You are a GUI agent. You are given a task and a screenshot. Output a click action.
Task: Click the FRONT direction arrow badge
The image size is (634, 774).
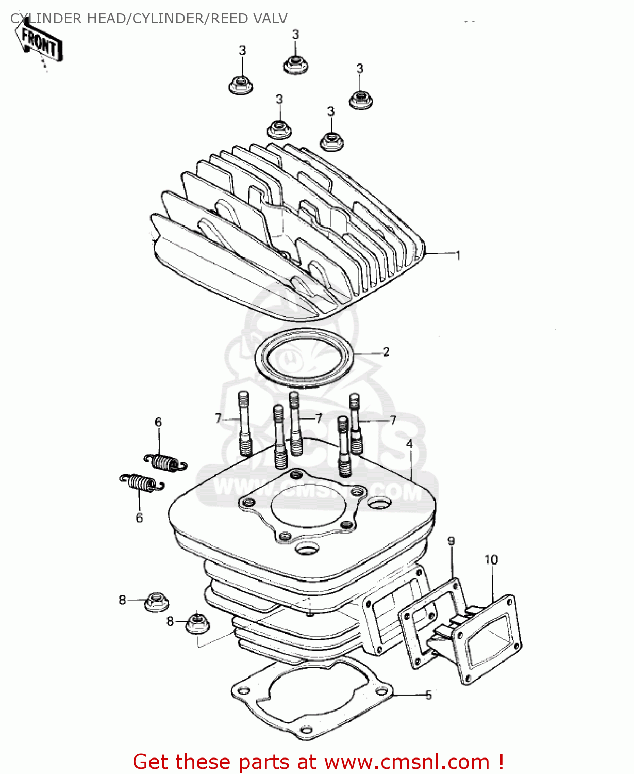coord(40,42)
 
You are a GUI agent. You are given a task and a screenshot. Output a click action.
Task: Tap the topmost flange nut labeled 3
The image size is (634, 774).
coord(295,65)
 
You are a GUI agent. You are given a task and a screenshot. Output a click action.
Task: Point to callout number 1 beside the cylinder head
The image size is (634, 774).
coord(458,255)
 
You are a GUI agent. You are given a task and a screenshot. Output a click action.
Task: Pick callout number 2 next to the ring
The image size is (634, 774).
coord(386,352)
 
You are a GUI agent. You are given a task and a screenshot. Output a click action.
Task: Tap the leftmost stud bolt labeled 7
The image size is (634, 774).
coord(244,424)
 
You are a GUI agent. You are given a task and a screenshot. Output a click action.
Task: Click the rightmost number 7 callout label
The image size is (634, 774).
coord(393,420)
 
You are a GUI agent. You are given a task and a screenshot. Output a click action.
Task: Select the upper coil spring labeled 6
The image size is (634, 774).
coord(164,462)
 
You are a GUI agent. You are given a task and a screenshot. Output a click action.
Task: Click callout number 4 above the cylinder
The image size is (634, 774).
coord(409,444)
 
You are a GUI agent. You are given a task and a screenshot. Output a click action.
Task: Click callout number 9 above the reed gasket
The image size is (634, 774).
coord(451,541)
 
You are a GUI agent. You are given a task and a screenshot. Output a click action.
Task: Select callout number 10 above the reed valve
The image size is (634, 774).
coord(491,560)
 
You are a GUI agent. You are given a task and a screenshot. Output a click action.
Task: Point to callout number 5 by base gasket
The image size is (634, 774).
coord(428,695)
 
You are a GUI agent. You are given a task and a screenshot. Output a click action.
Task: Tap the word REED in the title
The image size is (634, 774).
coord(229,19)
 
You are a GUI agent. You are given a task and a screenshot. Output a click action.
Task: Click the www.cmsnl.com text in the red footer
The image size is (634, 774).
coord(407,762)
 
